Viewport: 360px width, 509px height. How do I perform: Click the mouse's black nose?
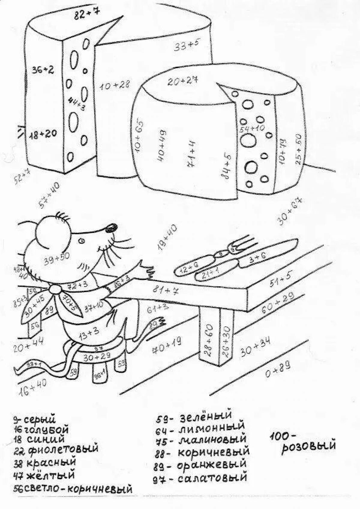111,227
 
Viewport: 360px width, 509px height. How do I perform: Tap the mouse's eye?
81,240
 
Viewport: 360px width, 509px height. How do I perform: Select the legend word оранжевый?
211,465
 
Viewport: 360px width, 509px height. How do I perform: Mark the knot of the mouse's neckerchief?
55,289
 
